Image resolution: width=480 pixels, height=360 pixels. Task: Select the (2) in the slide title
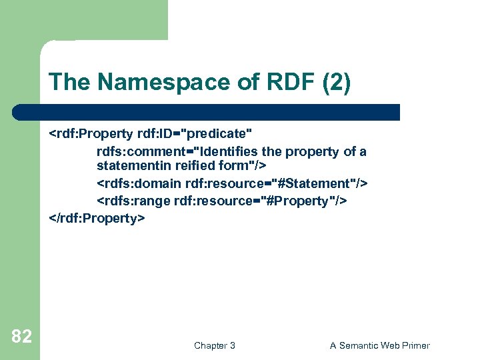[335, 83]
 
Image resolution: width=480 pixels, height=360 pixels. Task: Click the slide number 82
[21, 337]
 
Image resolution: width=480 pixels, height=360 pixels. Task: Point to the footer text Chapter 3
[214, 345]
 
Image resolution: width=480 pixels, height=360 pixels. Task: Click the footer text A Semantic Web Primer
[379, 345]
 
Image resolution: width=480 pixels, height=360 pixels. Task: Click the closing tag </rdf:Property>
[97, 218]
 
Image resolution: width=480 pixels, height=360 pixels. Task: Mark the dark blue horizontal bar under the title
[207, 111]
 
